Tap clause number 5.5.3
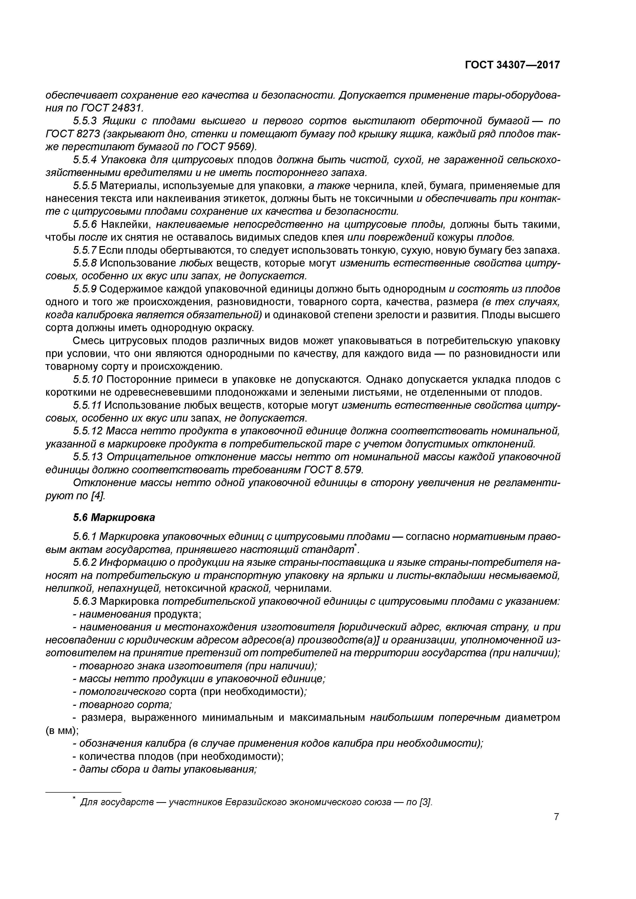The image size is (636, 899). (x=85, y=121)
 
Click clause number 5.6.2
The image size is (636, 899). (x=85, y=563)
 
